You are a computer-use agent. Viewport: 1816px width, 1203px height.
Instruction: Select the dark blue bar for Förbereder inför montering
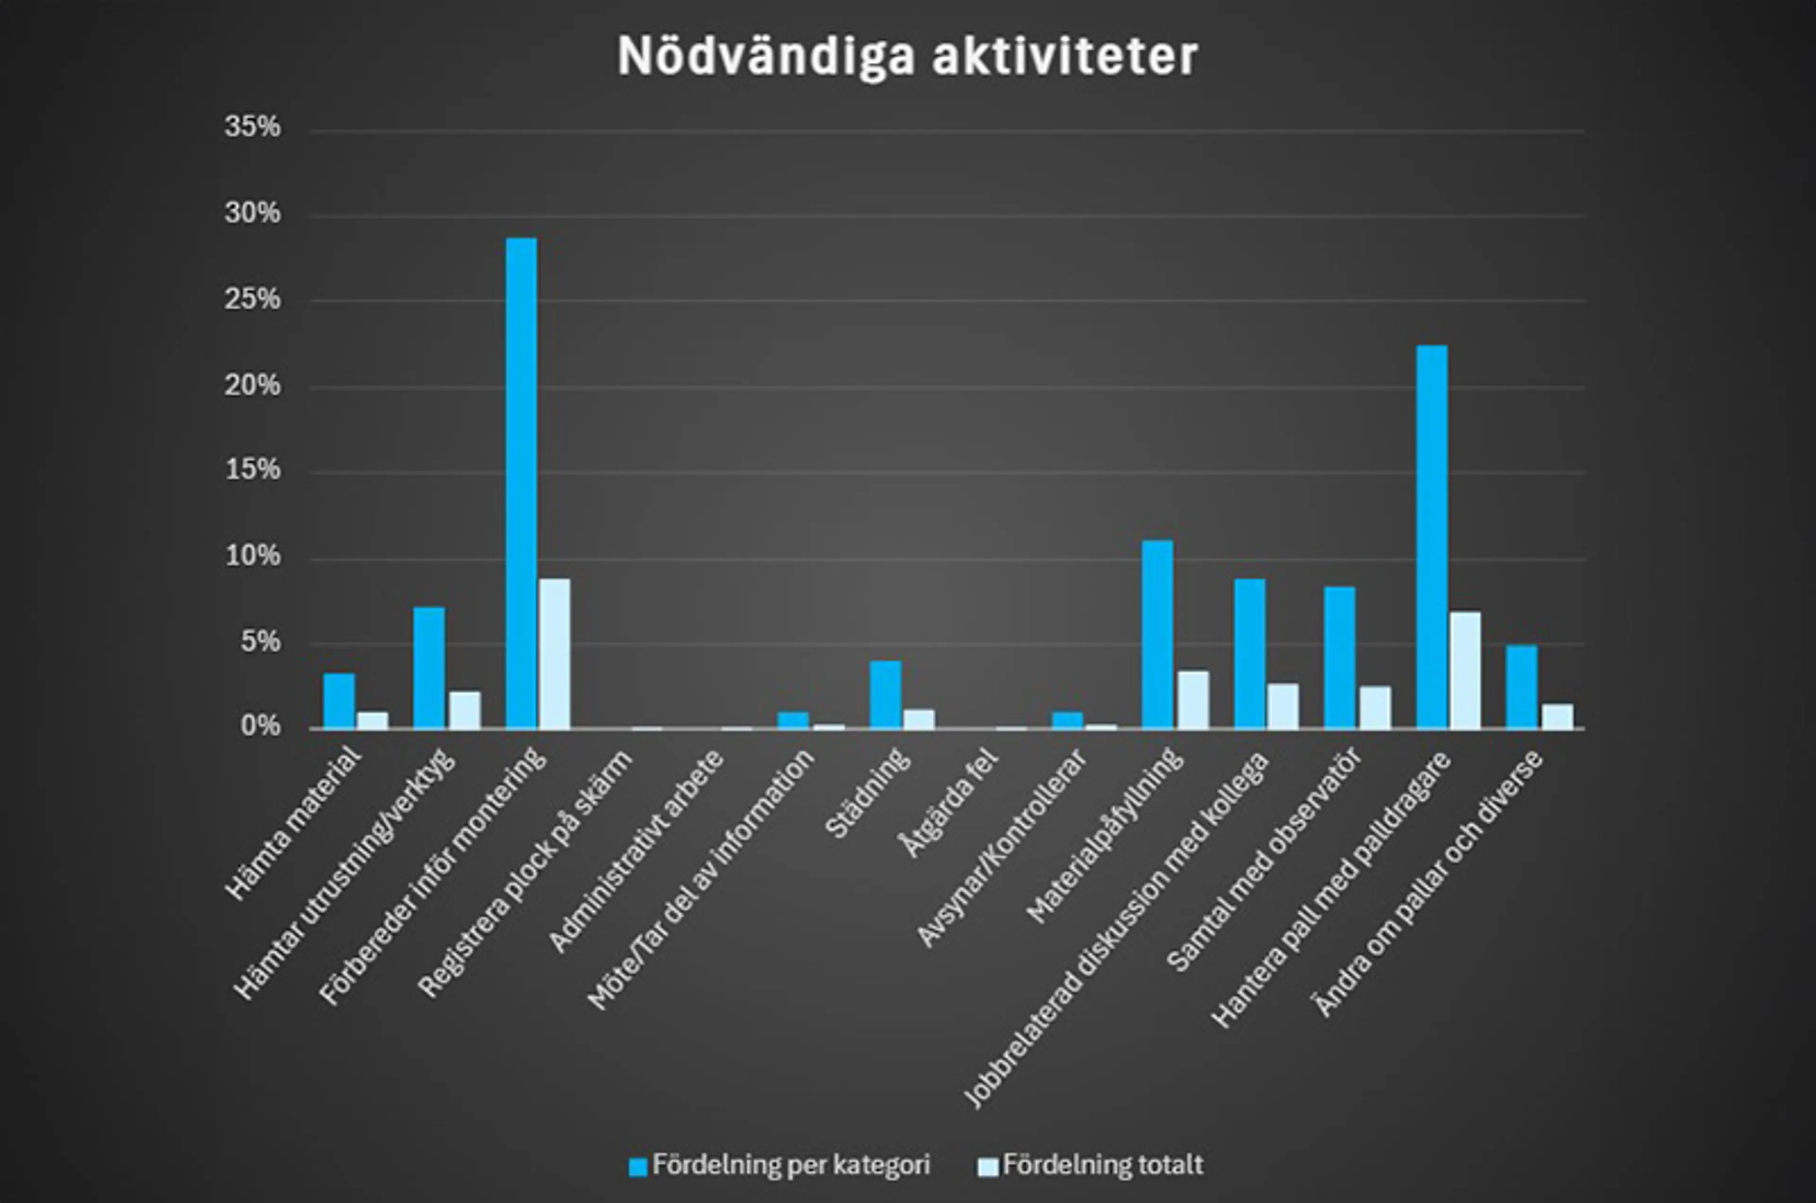(x=522, y=483)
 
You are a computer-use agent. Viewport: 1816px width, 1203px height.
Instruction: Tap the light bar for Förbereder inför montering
(x=555, y=654)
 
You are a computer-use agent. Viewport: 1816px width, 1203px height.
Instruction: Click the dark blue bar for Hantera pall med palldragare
(x=1432, y=537)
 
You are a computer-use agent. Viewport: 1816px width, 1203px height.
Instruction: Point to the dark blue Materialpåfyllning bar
(x=1158, y=635)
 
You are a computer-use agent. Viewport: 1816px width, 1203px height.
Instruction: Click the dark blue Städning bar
(x=885, y=694)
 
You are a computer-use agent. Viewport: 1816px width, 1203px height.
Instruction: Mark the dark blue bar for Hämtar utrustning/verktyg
(x=429, y=668)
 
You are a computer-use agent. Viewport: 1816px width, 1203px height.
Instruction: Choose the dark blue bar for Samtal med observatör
(x=1340, y=657)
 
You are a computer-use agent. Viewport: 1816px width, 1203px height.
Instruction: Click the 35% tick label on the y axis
(x=253, y=127)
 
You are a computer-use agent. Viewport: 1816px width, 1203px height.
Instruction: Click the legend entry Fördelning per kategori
(x=780, y=1165)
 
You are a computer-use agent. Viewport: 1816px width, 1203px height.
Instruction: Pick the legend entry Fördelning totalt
(x=1091, y=1165)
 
